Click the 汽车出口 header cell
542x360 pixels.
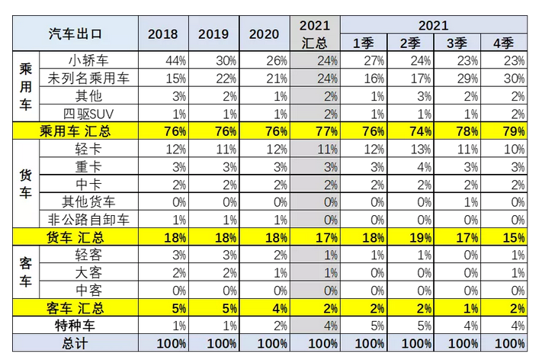click(x=75, y=34)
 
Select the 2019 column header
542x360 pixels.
click(x=213, y=34)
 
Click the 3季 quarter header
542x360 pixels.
click(x=457, y=43)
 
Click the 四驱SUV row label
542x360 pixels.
click(x=85, y=113)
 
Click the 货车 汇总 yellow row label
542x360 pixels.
click(x=75, y=237)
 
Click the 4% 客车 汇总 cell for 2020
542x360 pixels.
click(x=269, y=308)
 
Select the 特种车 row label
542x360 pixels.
click(x=75, y=326)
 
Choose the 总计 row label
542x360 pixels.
click(x=75, y=343)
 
